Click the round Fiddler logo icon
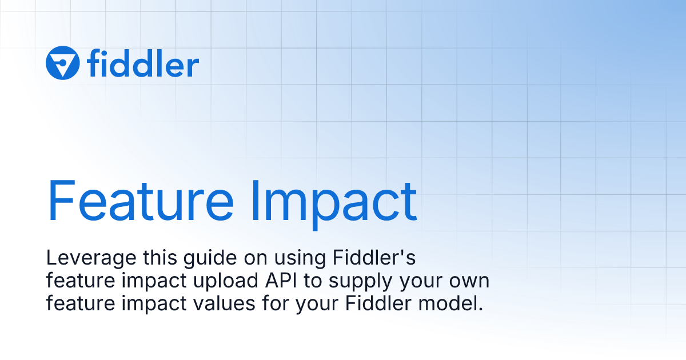(62, 63)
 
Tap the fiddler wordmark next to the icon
(143, 64)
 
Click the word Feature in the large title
(140, 201)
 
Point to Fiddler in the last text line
(378, 303)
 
